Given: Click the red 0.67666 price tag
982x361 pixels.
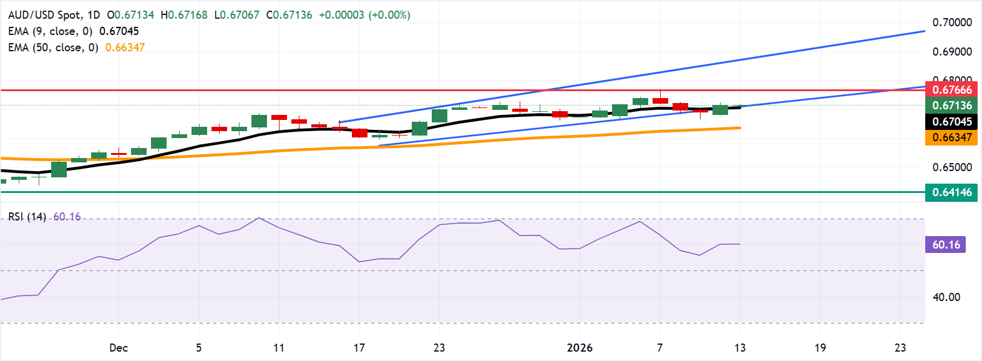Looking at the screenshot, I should (x=951, y=90).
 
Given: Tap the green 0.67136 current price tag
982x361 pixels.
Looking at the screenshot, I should (x=951, y=106).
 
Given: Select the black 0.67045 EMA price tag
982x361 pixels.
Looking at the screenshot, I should (x=951, y=122).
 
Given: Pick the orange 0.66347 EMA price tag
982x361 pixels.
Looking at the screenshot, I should (x=951, y=137).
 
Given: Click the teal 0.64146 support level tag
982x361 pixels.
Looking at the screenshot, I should (x=951, y=192).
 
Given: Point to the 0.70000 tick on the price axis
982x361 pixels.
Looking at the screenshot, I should (x=952, y=22).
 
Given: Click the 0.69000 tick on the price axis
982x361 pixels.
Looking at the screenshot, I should (x=952, y=52).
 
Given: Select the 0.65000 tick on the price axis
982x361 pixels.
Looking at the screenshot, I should (x=952, y=167).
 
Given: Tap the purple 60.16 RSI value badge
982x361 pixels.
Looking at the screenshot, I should (x=945, y=245).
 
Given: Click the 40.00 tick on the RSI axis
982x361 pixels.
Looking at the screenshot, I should (x=946, y=297).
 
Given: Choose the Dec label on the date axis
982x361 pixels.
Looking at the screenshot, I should (x=119, y=348).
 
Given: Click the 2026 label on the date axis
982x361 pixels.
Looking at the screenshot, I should (x=580, y=348).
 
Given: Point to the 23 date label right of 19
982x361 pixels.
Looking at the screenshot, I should (x=900, y=348).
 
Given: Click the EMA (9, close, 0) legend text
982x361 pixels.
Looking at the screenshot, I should (x=50, y=31).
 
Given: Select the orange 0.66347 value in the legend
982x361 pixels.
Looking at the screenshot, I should (x=125, y=47).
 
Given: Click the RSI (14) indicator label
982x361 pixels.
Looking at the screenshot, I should (x=27, y=217).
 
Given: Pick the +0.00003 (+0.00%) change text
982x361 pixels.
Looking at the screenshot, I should (x=364, y=15).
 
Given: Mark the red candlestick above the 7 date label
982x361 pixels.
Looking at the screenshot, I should (x=660, y=100).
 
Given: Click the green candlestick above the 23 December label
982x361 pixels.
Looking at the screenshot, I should (x=439, y=116).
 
